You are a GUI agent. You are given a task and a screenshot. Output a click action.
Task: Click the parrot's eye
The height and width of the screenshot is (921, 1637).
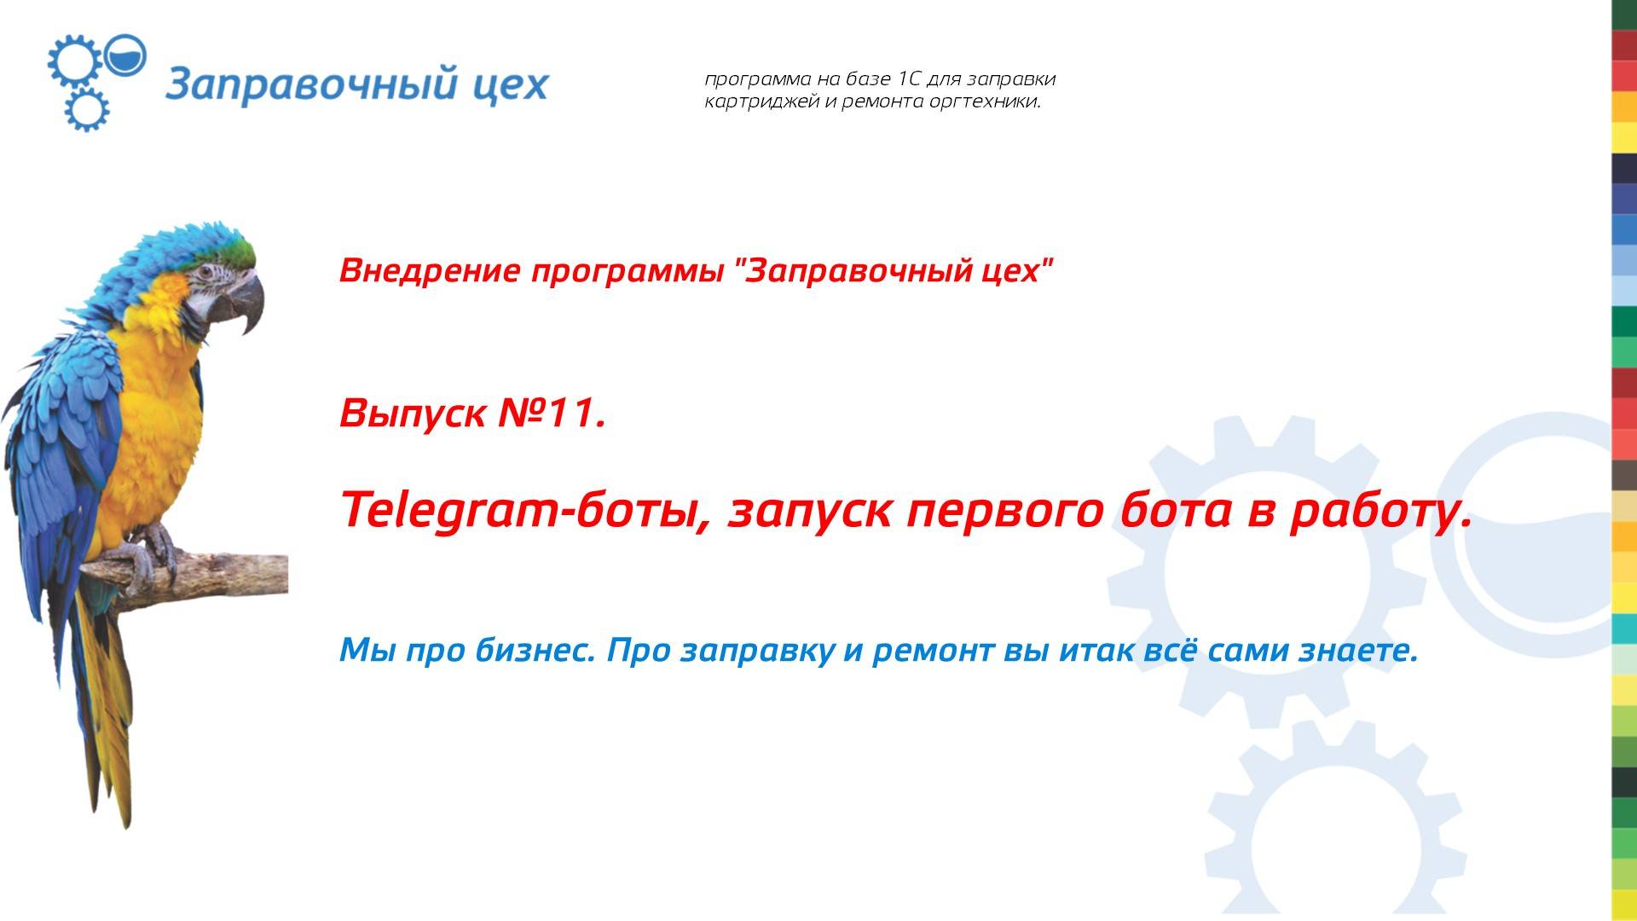206,273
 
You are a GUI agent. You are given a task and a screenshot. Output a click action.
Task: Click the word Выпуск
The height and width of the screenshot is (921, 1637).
413,414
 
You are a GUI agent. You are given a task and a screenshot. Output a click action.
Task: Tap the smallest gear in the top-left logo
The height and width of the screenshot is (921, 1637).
87,109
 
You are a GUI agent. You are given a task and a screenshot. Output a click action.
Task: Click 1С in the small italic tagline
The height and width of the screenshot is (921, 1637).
910,79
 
